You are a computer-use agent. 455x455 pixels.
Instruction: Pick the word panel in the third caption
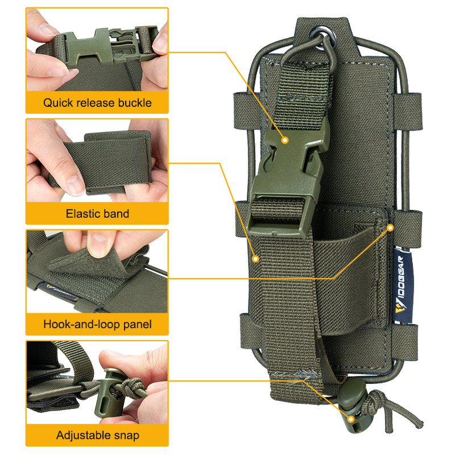click(x=138, y=324)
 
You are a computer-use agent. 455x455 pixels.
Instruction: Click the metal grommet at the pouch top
click(x=322, y=38)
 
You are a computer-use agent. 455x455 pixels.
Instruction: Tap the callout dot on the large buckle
click(x=285, y=140)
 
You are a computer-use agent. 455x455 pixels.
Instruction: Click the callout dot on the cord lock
click(x=351, y=419)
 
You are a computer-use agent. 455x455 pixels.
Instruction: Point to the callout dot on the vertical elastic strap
click(x=255, y=259)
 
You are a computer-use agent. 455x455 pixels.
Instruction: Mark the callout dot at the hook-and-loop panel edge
click(x=391, y=228)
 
